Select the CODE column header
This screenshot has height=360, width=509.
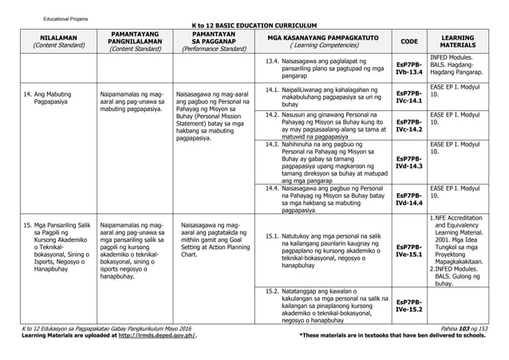(409, 41)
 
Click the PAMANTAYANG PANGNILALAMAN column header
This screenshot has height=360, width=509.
(134, 41)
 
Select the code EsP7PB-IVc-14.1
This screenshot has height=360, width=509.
(409, 97)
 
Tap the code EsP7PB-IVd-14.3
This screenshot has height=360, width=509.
(409, 162)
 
